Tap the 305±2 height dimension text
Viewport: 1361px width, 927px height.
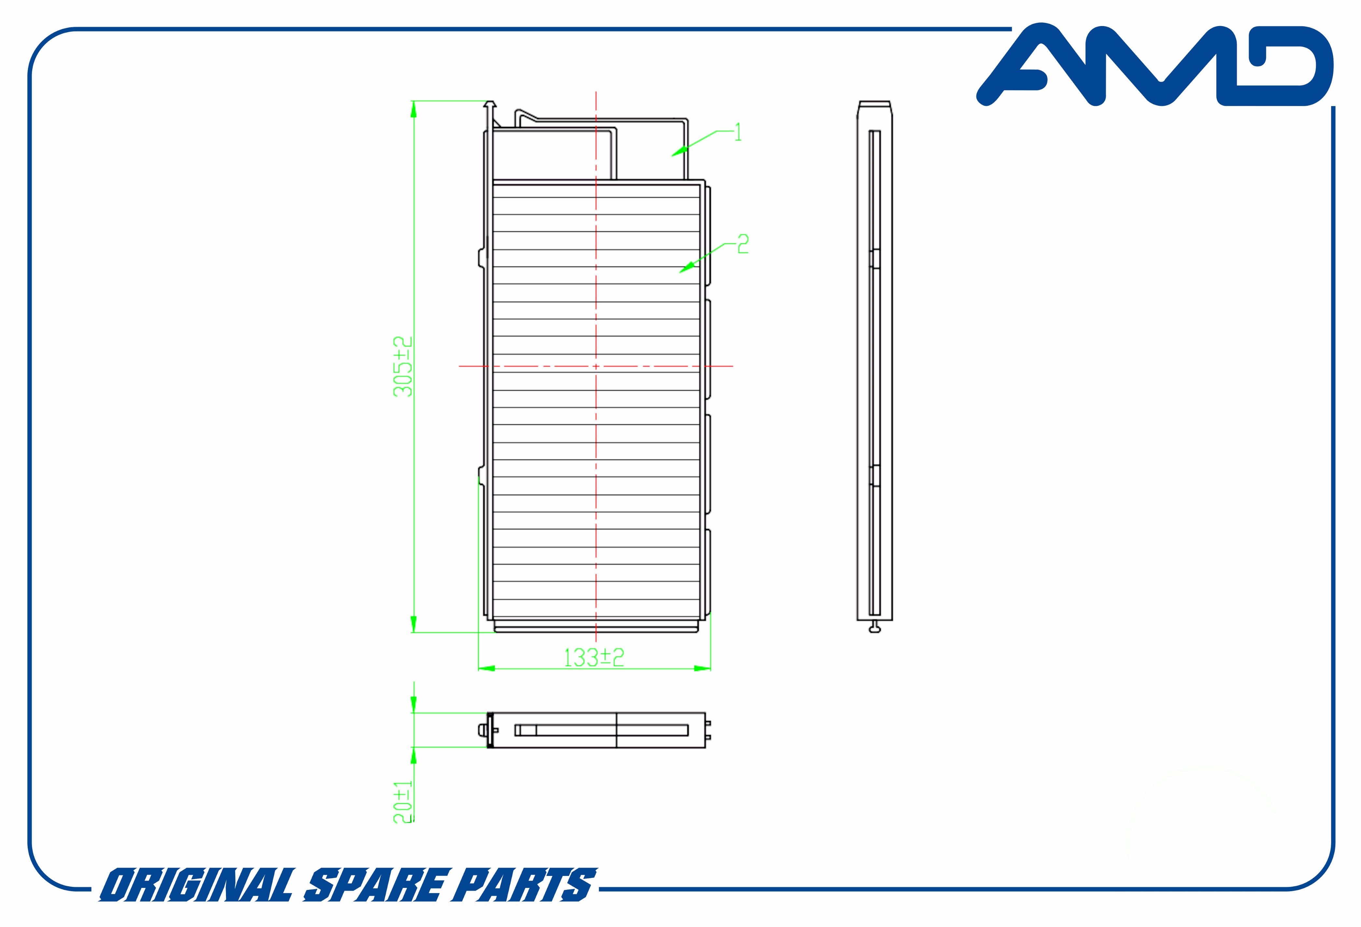[403, 367]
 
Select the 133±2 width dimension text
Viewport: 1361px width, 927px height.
[594, 657]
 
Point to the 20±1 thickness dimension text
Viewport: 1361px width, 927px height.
[403, 802]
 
